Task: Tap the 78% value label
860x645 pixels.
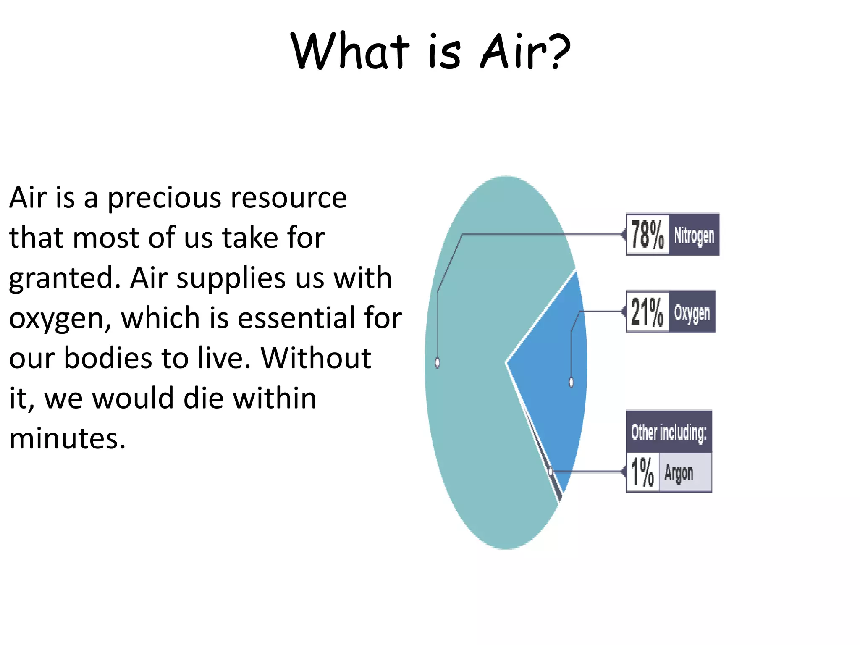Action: [x=647, y=235]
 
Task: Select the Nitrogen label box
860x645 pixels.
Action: [x=694, y=235]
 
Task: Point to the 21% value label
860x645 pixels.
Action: [x=647, y=312]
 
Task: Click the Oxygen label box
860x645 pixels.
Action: [x=692, y=312]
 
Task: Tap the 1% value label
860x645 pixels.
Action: [x=642, y=472]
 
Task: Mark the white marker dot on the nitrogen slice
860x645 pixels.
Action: [x=438, y=362]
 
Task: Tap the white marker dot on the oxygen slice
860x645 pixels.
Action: [x=571, y=382]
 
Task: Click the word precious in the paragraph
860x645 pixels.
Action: [x=164, y=198]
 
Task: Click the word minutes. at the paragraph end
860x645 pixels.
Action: [x=67, y=439]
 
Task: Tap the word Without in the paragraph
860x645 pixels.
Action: [x=316, y=358]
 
